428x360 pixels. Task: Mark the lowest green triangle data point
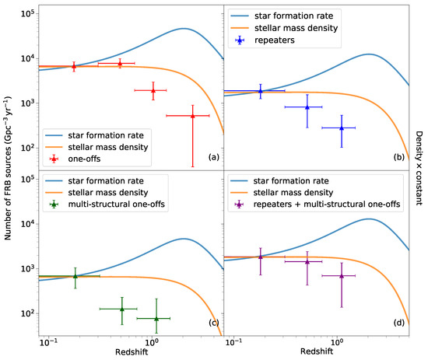pyautogui.click(x=156, y=318)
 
